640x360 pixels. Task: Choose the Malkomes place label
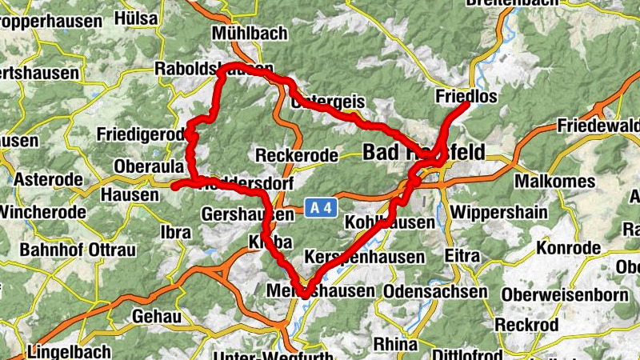pos(554,182)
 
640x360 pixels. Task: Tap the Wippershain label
pos(499,213)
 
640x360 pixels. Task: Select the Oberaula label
pos(149,166)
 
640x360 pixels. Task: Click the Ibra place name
pos(176,233)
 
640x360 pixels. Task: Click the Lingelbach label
pos(64,351)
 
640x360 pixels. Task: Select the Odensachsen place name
pos(435,292)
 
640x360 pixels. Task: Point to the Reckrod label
pos(525,325)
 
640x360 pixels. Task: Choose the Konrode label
pos(568,248)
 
